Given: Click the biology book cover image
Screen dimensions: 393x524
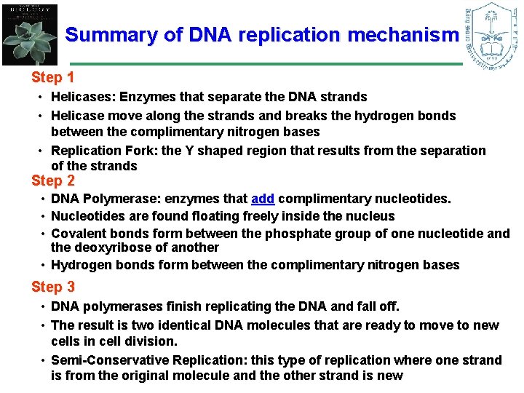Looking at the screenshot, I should point(30,33).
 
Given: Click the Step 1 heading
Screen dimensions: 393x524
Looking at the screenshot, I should point(53,77).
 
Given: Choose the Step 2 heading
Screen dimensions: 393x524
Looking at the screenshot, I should point(53,180).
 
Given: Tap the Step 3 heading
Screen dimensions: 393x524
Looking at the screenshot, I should point(53,287).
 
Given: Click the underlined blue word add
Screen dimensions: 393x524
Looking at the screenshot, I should point(263,199).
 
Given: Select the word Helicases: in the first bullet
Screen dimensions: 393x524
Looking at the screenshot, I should point(83,97).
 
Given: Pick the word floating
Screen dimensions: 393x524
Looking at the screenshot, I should point(188,216).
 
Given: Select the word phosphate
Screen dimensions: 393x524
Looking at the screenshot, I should point(282,234).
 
